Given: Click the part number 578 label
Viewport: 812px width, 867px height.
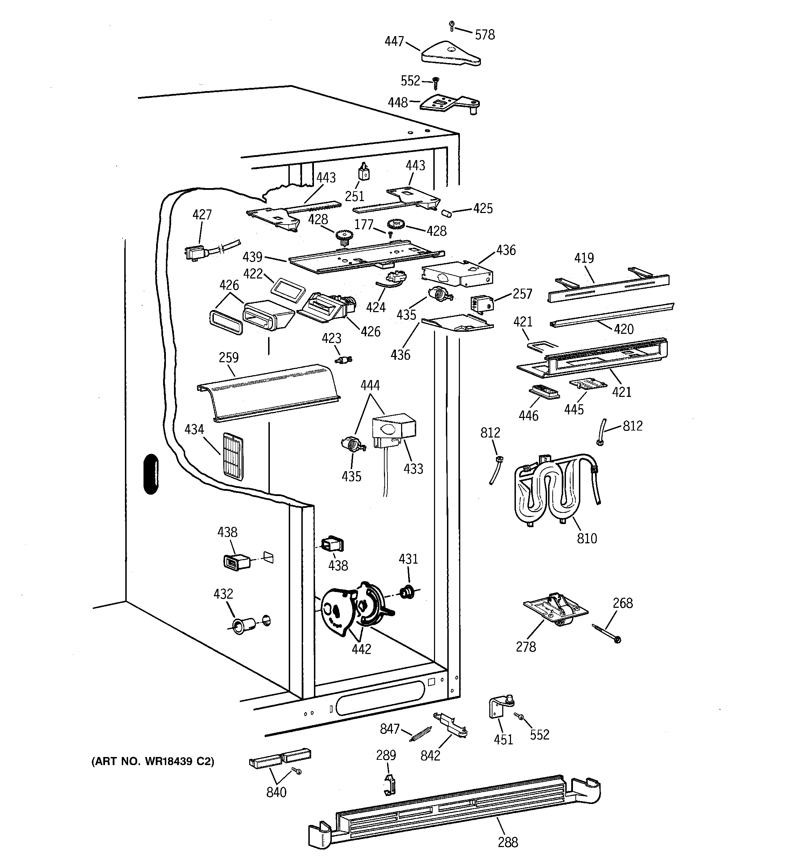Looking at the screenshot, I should (x=485, y=35).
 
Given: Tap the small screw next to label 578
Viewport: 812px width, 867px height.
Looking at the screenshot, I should (x=452, y=26).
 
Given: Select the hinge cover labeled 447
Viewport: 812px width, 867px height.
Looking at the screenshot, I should (x=451, y=54).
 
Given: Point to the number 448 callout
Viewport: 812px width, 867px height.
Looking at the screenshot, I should (x=398, y=103).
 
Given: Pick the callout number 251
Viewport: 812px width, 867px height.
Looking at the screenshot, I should (x=354, y=196).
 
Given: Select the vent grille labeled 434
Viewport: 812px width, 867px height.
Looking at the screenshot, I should (x=233, y=456).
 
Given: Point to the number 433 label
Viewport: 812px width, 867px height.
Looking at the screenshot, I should (x=413, y=469).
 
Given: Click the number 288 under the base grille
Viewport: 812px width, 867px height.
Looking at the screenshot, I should (x=508, y=842).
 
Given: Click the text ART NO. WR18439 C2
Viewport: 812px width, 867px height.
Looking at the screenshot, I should (x=153, y=762).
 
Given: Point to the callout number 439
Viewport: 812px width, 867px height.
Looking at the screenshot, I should (x=252, y=256).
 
